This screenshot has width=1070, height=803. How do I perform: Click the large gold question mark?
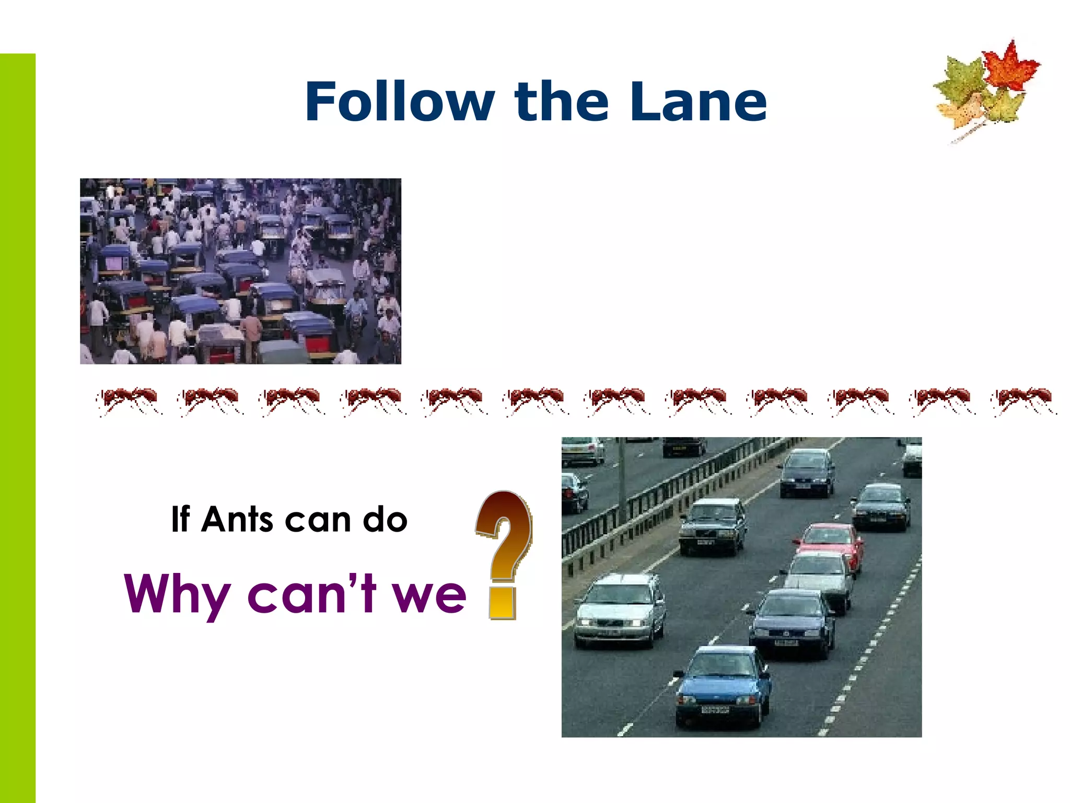pos(504,554)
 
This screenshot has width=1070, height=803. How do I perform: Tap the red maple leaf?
pos(1009,66)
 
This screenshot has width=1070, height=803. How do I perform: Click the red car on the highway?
pos(830,544)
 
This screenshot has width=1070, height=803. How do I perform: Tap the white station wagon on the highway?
pos(620,610)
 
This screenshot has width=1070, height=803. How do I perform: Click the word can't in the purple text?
pos(311,594)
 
